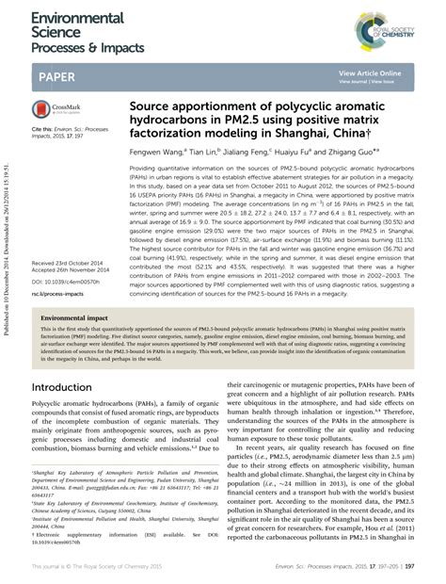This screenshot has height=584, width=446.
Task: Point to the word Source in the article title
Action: point(153,107)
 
